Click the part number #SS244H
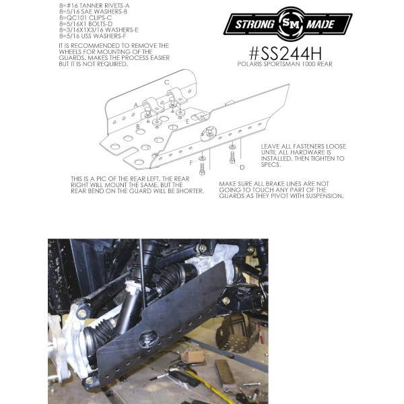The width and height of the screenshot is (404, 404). (285, 53)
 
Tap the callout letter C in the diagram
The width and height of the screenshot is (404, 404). (167, 82)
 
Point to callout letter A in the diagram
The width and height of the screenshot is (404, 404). (136, 105)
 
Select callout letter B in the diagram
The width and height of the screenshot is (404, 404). (138, 127)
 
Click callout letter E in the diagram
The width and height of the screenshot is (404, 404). (188, 122)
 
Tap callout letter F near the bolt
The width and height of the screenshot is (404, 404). (191, 162)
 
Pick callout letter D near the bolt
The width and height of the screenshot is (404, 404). (242, 168)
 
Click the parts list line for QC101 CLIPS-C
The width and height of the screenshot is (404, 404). (86, 18)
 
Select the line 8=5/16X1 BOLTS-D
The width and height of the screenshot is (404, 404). (86, 24)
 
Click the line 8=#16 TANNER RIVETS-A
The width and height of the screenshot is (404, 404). (94, 5)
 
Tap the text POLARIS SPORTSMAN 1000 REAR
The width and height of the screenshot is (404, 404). (285, 64)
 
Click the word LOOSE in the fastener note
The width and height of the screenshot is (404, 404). (336, 146)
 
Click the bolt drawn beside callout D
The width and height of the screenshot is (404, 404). (232, 157)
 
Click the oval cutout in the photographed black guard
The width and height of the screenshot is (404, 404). (148, 338)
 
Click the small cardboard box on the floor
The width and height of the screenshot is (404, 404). (193, 357)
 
